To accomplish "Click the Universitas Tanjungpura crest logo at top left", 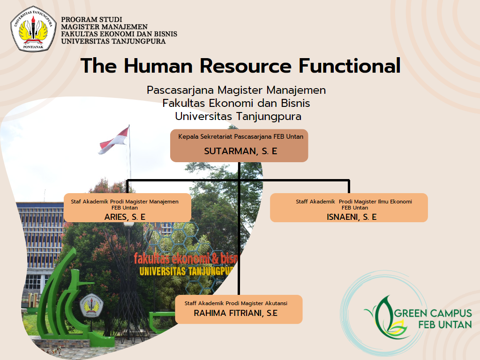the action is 33,29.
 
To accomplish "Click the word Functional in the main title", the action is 350,66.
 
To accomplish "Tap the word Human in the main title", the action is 158,66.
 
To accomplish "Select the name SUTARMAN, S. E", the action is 240,151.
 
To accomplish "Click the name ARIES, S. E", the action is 125,217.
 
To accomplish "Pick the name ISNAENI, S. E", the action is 352,217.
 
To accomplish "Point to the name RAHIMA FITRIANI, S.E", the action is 236,313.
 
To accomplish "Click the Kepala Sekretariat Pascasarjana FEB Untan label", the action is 241,136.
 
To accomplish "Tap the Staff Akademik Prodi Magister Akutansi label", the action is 236,303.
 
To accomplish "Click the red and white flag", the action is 114,141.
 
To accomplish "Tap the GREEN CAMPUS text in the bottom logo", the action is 433,313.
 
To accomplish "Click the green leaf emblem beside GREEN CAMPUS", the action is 385,318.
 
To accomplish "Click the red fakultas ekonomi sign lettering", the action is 186,259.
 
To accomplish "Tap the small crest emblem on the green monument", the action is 91,305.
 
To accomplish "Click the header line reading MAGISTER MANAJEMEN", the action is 105,27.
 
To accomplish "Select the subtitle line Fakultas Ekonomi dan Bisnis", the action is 236,103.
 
